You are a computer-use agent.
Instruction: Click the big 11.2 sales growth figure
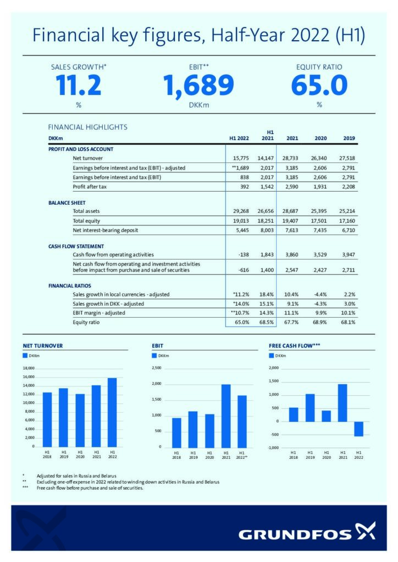tap(79, 85)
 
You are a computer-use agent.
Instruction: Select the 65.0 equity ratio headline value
tap(319, 85)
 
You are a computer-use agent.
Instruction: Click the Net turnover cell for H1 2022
tap(241, 158)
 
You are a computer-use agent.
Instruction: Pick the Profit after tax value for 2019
tap(348, 187)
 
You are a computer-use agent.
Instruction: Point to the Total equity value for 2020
tap(319, 221)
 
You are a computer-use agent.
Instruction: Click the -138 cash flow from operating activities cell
tap(244, 255)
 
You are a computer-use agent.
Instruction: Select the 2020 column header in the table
tap(320, 138)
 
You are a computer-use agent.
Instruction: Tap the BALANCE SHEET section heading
tap(67, 203)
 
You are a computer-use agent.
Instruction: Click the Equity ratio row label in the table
tap(86, 322)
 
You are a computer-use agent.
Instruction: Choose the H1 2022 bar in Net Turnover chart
tap(112, 412)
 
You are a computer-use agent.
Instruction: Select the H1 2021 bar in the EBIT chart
tap(226, 416)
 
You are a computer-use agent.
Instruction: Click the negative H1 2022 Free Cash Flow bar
tap(358, 429)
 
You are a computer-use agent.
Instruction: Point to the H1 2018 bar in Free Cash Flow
tap(293, 415)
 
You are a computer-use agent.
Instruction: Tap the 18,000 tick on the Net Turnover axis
tap(29, 368)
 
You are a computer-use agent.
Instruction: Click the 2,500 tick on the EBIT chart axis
tap(157, 368)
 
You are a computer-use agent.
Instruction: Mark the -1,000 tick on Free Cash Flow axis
tap(273, 448)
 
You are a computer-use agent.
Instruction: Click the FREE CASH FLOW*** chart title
tap(294, 346)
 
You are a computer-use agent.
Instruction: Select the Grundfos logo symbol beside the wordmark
tap(366, 531)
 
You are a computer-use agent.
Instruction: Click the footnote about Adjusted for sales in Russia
tap(76, 476)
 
